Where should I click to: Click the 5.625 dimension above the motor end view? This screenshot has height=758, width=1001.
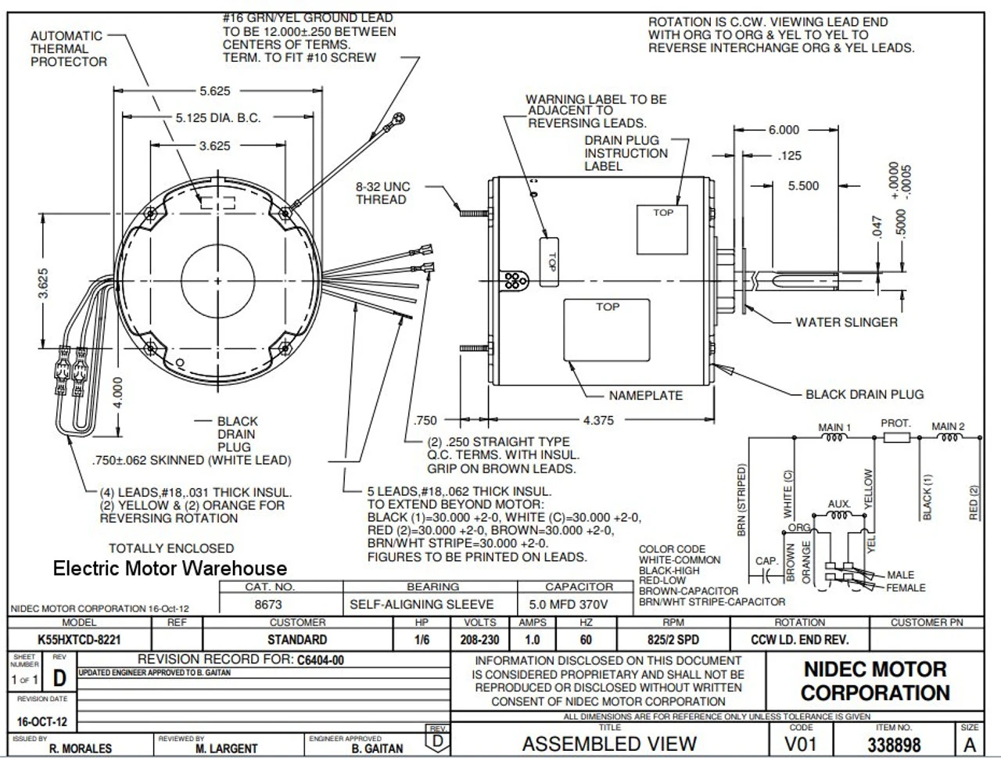[x=214, y=91]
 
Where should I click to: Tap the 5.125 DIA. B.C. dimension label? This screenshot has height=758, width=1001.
[x=217, y=118]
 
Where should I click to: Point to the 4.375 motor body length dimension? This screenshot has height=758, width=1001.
[x=598, y=421]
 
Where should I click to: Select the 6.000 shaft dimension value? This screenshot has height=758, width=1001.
[x=783, y=130]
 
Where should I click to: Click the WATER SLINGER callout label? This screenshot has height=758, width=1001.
[x=846, y=322]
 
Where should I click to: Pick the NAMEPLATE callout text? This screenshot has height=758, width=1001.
[x=646, y=396]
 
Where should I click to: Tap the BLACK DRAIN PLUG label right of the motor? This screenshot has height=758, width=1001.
[x=864, y=394]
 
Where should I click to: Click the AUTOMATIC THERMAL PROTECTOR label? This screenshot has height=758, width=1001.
[x=68, y=48]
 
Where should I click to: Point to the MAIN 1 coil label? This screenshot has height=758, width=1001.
[x=834, y=427]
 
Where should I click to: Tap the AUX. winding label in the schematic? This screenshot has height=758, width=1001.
[x=838, y=505]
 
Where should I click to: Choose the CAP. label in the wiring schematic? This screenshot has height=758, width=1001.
[x=766, y=561]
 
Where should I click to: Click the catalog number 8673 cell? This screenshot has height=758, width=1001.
[x=268, y=605]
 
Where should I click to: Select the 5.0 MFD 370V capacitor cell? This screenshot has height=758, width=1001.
[x=579, y=605]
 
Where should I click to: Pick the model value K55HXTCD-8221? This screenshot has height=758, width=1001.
[x=79, y=640]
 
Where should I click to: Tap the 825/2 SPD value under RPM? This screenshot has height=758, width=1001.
[x=673, y=640]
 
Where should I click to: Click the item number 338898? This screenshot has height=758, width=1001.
[x=894, y=745]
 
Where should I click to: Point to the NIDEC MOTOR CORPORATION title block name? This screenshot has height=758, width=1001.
[x=874, y=681]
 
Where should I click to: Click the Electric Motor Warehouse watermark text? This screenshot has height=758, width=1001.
[x=170, y=569]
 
